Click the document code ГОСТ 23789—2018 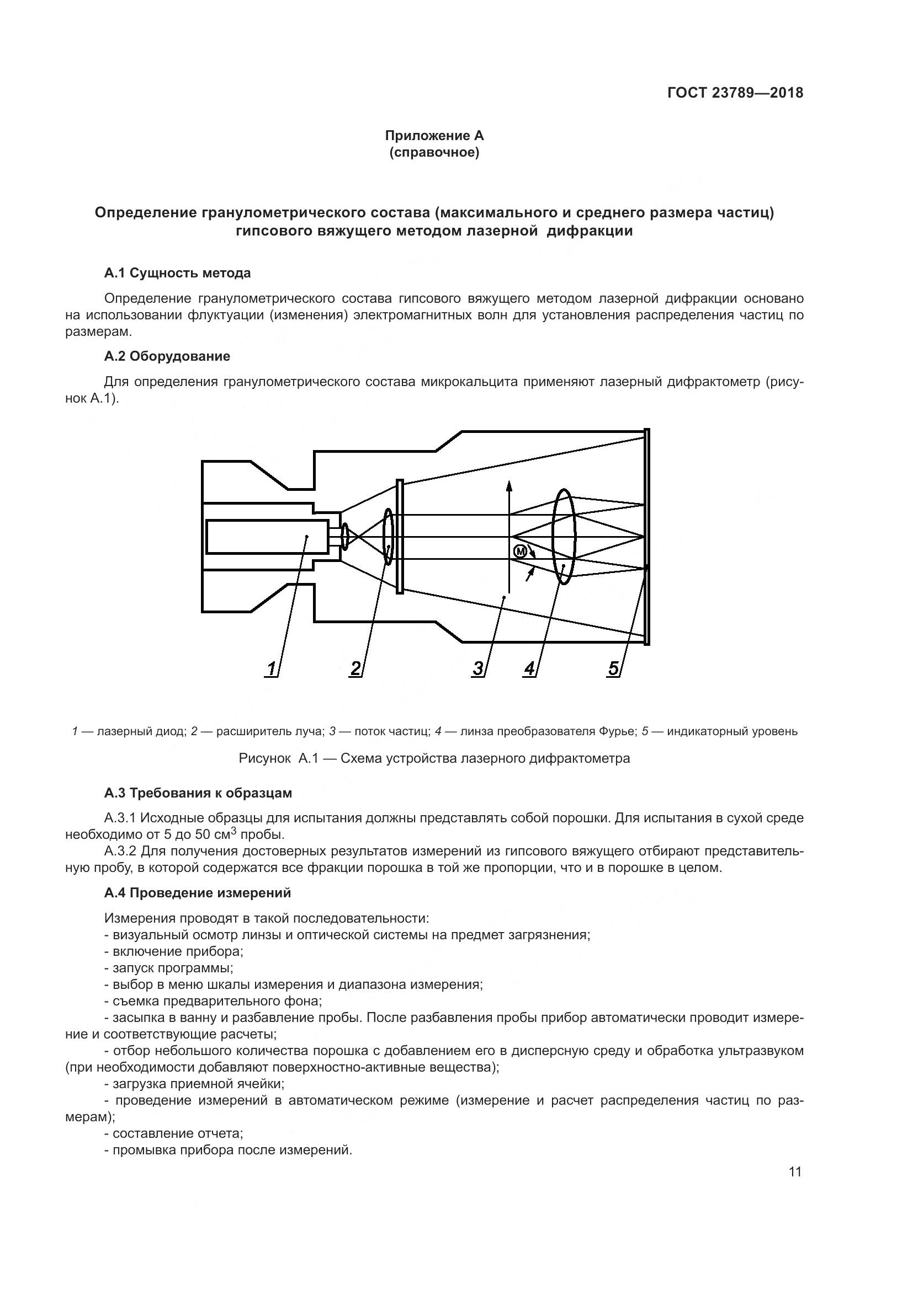click(x=735, y=93)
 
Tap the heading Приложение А click(x=434, y=136)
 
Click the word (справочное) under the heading click(x=434, y=152)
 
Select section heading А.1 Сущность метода click(x=177, y=273)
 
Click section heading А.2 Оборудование click(x=167, y=356)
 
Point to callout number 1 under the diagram click(x=272, y=668)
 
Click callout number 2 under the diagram click(x=355, y=668)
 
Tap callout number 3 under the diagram click(x=478, y=668)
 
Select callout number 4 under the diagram click(x=529, y=668)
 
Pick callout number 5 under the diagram click(x=613, y=668)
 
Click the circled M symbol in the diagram click(x=520, y=551)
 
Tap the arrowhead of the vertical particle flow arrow click(x=509, y=486)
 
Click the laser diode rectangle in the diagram click(x=267, y=537)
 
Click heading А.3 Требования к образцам click(x=198, y=793)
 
